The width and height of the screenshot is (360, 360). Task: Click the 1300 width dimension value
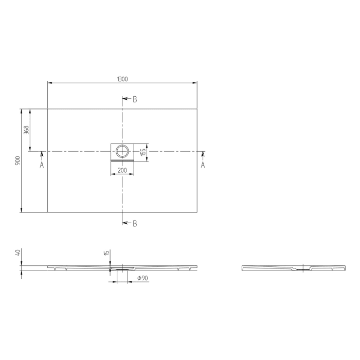point(122,79)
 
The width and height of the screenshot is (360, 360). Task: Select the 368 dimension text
point(26,130)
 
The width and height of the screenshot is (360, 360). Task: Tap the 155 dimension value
point(144,152)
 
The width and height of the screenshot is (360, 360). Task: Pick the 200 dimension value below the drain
point(122,170)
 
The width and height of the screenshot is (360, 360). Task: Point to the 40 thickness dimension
point(18,253)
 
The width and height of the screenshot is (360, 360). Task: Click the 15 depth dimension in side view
point(106,253)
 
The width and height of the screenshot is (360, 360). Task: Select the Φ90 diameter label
point(142,278)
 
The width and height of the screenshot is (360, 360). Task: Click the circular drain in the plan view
point(122,151)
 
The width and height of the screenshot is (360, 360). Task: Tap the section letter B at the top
point(135,99)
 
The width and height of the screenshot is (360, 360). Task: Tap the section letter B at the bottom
point(135,223)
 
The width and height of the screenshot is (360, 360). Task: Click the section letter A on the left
point(42,165)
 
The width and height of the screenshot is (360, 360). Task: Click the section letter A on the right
point(203,165)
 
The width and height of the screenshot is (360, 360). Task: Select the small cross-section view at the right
point(293,268)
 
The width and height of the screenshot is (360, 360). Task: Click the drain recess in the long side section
point(122,268)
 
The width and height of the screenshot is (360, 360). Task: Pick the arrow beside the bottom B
point(126,223)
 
